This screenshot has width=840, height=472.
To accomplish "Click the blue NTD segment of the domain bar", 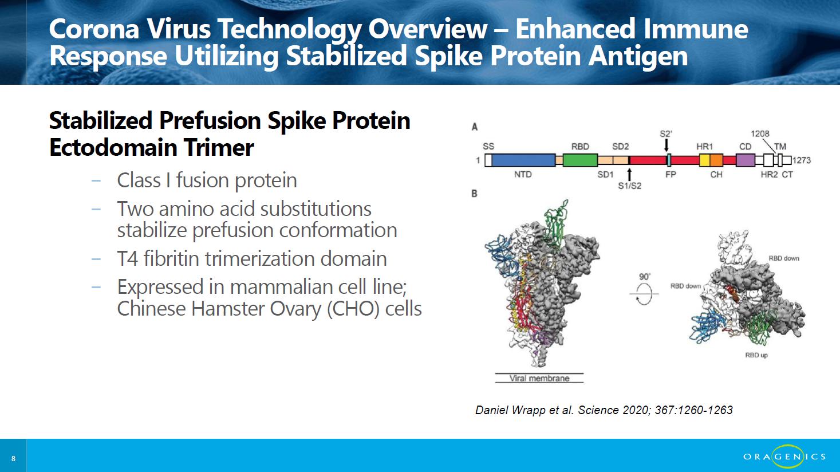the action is [523, 160].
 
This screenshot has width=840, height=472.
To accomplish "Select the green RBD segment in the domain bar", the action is [580, 160].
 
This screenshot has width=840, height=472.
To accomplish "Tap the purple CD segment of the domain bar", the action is [745, 160].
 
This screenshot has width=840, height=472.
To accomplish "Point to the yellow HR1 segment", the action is [705, 160].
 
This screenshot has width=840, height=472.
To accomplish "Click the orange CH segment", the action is [716, 160].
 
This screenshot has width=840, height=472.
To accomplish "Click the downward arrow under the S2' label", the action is [667, 145].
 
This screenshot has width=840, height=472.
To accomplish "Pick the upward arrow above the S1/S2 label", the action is [630, 175].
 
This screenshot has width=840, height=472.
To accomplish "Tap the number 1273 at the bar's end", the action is [802, 160].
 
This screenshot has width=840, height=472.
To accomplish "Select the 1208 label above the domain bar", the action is [760, 133].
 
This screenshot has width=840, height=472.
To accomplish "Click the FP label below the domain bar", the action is [671, 175].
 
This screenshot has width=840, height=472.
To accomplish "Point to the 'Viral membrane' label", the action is [539, 378].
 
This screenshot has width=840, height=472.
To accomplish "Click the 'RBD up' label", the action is [756, 355].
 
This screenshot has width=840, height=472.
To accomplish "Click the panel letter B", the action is [474, 194].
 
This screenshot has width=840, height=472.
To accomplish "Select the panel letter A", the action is [474, 127].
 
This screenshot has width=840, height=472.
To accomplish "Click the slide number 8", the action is [14, 458].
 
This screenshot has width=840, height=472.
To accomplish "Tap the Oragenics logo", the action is [784, 456].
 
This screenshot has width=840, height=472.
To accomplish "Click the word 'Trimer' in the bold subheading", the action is [219, 147].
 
